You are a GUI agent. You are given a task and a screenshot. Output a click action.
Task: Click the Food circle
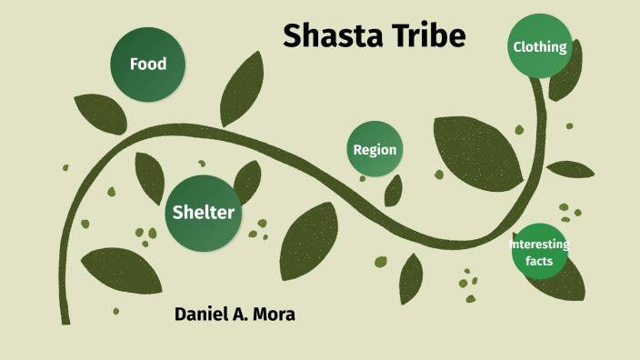[147, 65]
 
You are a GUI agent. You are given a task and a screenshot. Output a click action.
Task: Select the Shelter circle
[204, 213]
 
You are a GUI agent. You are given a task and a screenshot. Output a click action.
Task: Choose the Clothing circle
[540, 47]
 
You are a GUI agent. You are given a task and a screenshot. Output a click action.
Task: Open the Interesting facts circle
[539, 251]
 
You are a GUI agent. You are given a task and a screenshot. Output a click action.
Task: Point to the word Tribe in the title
[433, 35]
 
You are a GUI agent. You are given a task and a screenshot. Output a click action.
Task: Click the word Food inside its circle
[147, 65]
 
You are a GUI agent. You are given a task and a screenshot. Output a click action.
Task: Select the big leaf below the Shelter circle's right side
[309, 242]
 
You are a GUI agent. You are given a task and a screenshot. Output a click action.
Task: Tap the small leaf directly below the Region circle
[393, 191]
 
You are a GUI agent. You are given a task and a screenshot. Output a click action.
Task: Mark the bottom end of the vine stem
[65, 318]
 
